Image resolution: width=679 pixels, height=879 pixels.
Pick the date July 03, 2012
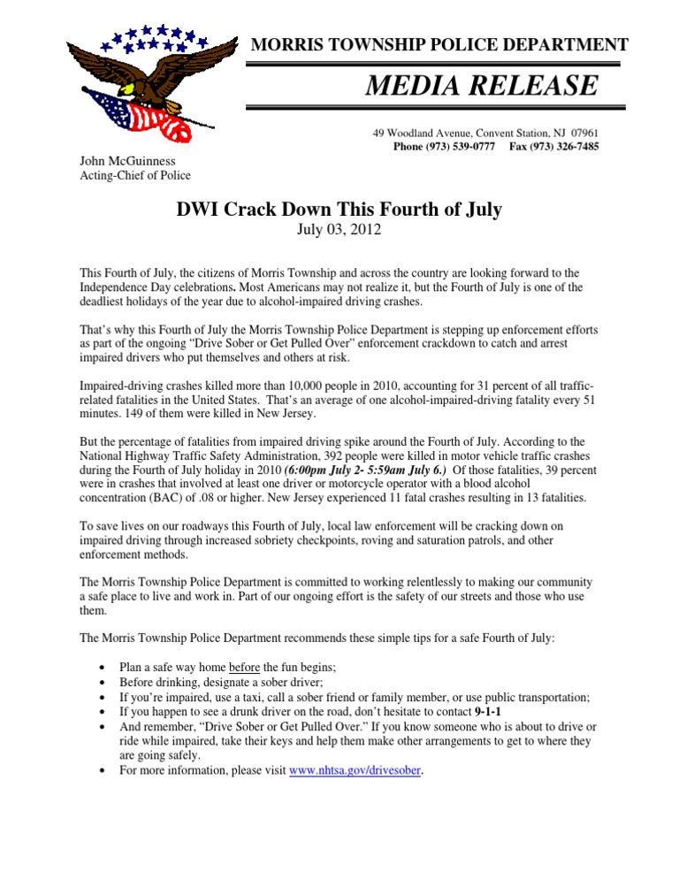coord(339,232)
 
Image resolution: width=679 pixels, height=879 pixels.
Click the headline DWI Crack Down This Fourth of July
coord(339,210)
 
